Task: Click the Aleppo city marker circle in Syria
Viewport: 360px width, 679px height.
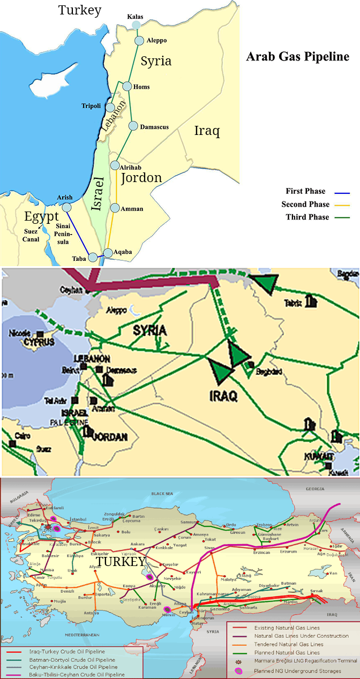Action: [139, 40]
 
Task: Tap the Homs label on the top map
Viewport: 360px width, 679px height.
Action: [142, 87]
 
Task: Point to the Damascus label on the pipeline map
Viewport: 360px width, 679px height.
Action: [154, 127]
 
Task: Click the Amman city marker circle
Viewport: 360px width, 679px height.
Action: [114, 207]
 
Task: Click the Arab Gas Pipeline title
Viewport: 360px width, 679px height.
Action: [297, 57]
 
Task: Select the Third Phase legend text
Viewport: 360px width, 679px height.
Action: [305, 217]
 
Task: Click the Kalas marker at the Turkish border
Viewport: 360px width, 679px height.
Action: [136, 25]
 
